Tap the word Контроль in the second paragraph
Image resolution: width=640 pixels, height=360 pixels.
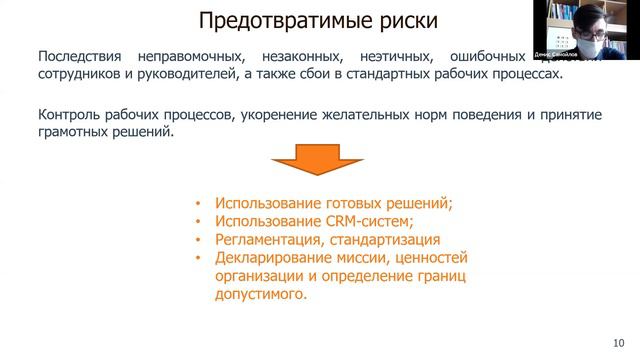[x=73, y=115]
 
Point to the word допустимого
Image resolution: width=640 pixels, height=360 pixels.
[x=256, y=295]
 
